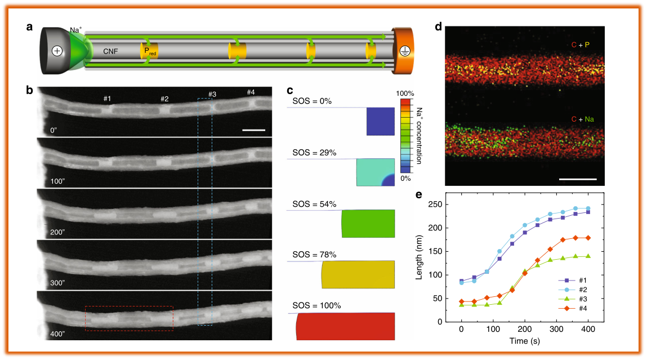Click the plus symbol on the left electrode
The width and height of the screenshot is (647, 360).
click(x=57, y=51)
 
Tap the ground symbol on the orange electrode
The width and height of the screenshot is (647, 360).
click(x=404, y=51)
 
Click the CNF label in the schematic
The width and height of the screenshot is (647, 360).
click(x=111, y=51)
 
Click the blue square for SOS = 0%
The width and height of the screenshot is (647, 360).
click(x=381, y=121)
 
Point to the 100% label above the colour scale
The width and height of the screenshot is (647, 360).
click(x=405, y=93)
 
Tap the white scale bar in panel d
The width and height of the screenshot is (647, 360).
click(x=578, y=179)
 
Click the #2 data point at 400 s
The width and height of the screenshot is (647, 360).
click(x=588, y=208)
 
